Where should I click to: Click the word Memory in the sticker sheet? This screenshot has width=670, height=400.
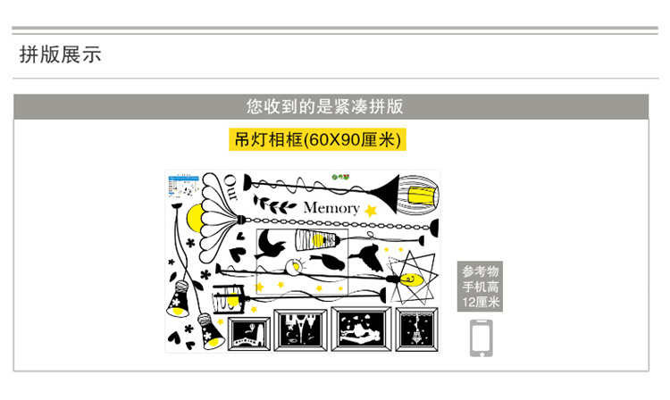[331, 208]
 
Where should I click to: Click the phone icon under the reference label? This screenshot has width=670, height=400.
[482, 338]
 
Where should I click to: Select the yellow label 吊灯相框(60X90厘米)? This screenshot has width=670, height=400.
[316, 139]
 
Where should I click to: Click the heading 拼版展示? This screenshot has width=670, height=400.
[61, 54]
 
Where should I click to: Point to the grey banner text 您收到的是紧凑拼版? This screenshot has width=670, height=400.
[325, 107]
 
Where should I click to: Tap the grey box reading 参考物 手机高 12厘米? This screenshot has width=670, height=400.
[482, 287]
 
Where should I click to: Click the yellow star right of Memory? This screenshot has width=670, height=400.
[370, 211]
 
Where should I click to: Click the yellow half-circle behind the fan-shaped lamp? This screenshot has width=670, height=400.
[196, 216]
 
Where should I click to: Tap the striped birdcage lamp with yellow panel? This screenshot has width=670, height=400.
[417, 190]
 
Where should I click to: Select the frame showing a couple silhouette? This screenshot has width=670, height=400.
[359, 330]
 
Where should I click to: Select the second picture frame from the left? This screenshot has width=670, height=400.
[300, 331]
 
